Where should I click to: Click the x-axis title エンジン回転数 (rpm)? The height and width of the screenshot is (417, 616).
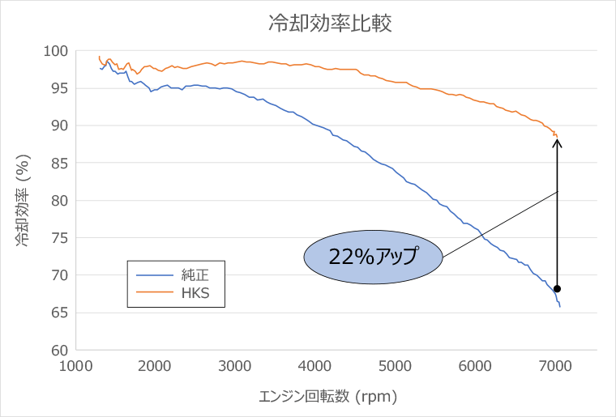328,397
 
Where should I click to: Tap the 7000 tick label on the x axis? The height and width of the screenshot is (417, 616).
556,365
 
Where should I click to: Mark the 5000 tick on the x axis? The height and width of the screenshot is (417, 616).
396,365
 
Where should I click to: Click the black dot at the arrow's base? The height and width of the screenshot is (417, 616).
558,288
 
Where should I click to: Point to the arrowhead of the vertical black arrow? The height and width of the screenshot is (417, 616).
558,142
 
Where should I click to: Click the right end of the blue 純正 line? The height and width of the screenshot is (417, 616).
560,306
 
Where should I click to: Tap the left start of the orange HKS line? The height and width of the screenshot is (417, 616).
99,57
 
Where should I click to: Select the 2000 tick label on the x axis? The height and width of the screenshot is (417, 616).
156,365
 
